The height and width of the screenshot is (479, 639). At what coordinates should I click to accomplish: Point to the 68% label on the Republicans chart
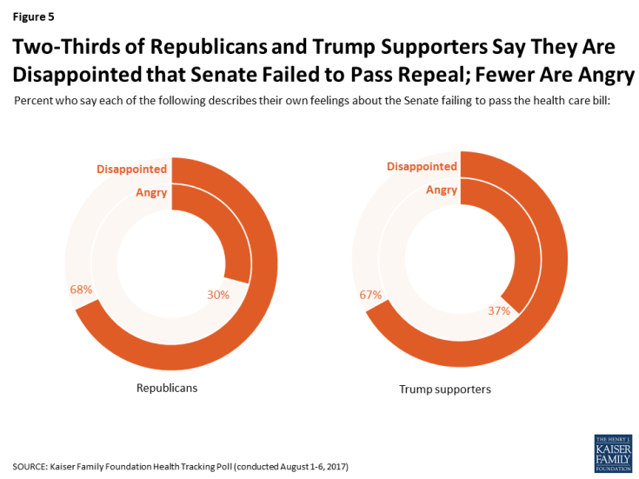(81, 289)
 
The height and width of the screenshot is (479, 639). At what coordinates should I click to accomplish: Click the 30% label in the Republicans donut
(218, 295)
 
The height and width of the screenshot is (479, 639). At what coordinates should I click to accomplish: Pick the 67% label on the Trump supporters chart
(370, 295)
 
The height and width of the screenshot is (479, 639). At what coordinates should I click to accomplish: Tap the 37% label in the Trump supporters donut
(498, 310)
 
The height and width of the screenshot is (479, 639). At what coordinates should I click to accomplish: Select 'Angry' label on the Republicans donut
(151, 192)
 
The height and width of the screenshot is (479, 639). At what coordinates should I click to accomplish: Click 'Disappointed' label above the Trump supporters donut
(422, 166)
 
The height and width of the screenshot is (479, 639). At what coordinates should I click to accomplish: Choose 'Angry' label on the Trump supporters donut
(442, 190)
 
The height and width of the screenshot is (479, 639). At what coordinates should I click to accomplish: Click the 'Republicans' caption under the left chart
(167, 388)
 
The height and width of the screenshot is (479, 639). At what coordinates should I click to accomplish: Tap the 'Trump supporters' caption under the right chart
(444, 389)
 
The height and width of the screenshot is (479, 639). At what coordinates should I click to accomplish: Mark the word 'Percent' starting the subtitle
(34, 102)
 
